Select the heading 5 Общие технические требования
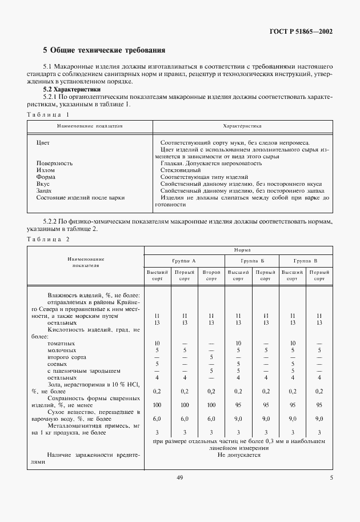pyautogui.click(x=105, y=50)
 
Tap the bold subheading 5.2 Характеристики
pyautogui.click(x=73, y=89)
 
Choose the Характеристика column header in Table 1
pyautogui.click(x=242, y=124)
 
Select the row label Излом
pyautogui.click(x=46, y=170)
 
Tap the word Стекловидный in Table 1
pyautogui.click(x=181, y=170)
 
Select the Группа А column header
pyautogui.click(x=184, y=261)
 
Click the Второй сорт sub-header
pyautogui.click(x=211, y=276)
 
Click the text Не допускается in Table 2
pyautogui.click(x=239, y=455)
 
